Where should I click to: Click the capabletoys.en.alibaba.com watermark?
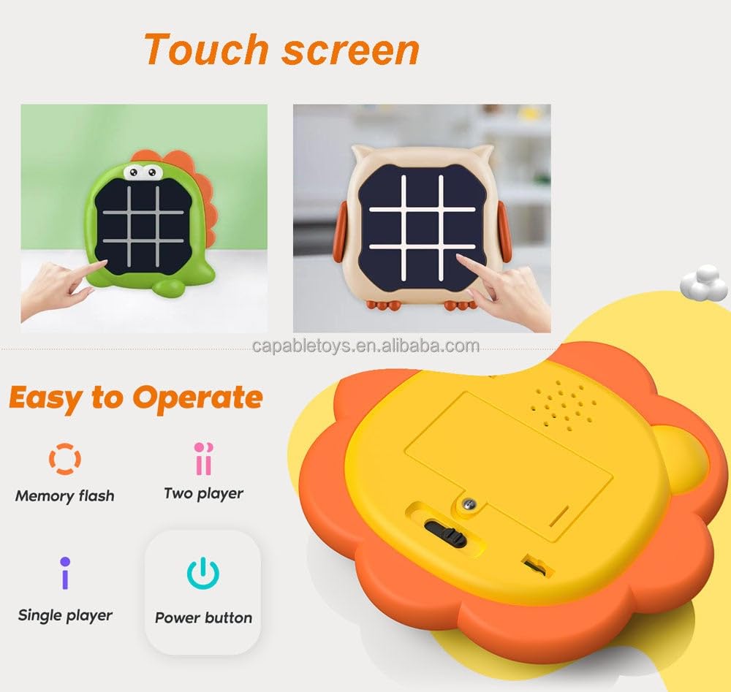[365, 346]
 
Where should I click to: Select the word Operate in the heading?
[197, 398]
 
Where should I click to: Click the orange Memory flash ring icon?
[64, 459]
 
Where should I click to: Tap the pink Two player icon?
[203, 458]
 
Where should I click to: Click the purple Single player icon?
[65, 574]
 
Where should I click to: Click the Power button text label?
[203, 617]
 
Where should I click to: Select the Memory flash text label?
[64, 496]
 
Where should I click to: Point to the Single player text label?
[65, 615]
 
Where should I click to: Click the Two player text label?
[203, 494]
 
